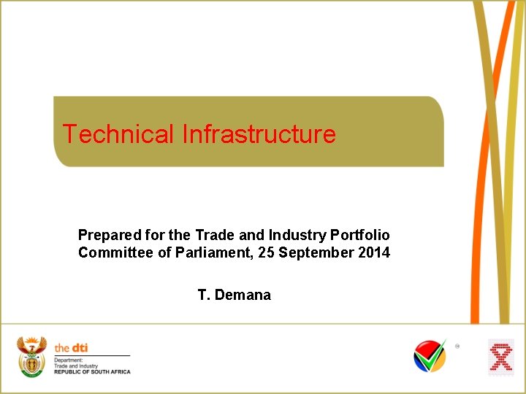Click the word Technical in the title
click(x=118, y=134)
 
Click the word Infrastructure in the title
click(x=259, y=134)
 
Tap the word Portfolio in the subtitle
click(x=360, y=235)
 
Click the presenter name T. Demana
click(x=234, y=295)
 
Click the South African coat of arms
click(x=32, y=357)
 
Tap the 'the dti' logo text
click(x=71, y=348)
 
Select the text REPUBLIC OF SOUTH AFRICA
click(x=92, y=372)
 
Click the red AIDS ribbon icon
click(x=501, y=357)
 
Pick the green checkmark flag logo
click(x=430, y=356)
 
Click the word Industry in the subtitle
click(x=298, y=235)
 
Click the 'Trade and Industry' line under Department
click(x=75, y=366)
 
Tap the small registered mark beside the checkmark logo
click(x=457, y=347)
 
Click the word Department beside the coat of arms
click(x=69, y=360)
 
